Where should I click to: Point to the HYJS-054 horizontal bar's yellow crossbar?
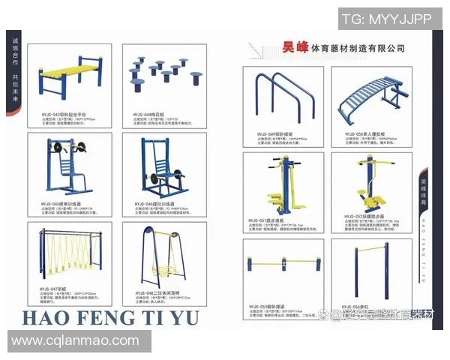click(x=373, y=250)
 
